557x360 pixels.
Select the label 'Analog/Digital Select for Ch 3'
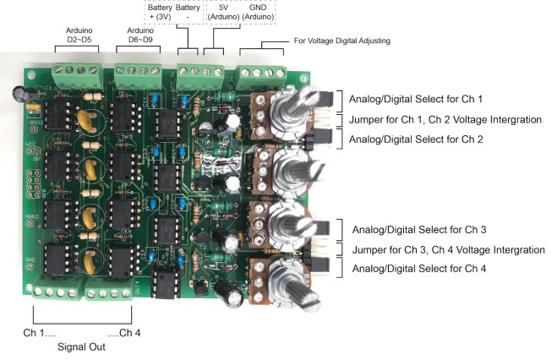click(419, 229)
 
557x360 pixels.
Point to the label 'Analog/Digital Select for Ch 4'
click(419, 269)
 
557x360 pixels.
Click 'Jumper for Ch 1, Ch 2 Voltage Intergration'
click(445, 119)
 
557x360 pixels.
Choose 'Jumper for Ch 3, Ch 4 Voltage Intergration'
click(448, 249)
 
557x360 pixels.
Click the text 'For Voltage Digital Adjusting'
click(342, 41)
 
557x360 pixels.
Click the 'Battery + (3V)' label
click(159, 12)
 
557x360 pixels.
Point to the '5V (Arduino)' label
click(224, 12)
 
